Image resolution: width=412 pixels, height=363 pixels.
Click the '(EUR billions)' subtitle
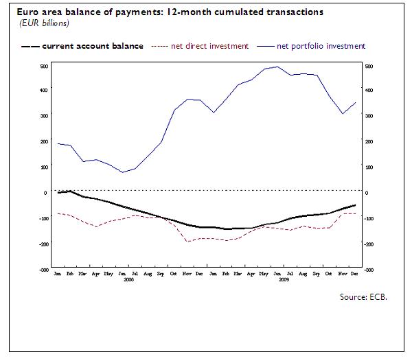(41, 23)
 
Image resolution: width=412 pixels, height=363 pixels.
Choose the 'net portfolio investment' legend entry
(321, 46)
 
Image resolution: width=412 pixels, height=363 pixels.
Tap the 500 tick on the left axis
(43, 66)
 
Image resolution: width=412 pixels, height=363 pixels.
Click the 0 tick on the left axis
(45, 192)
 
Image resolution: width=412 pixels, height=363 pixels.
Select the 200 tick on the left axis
(43, 141)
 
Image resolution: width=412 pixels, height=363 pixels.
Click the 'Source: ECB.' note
(363, 297)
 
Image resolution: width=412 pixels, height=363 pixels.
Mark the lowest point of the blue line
(122, 172)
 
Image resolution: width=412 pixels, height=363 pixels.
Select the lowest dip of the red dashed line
(187, 242)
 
